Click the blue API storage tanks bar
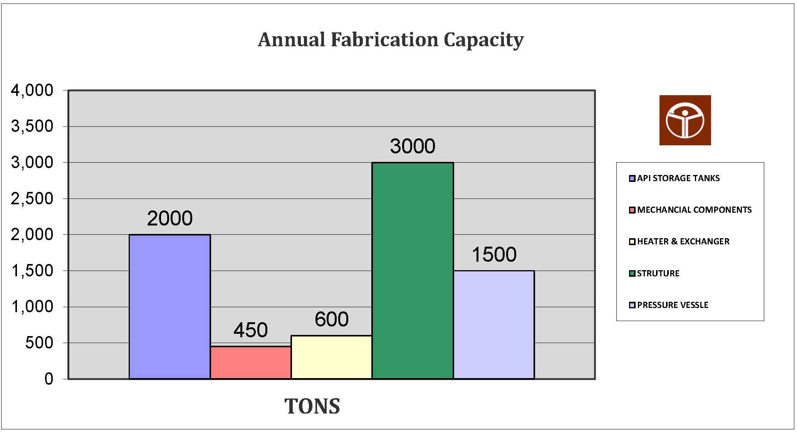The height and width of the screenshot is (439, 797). click(169, 306)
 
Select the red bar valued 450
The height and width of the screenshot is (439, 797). click(250, 362)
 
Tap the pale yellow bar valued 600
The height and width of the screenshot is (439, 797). click(331, 357)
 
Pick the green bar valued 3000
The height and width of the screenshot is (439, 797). click(413, 271)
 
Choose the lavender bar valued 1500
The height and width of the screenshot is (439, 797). click(494, 325)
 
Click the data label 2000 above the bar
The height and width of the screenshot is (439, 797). click(169, 218)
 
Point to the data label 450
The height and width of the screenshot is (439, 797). click(250, 330)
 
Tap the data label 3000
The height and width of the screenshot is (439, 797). click(413, 146)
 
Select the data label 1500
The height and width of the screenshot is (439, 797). click(494, 254)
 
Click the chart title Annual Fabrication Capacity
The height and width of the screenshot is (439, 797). click(391, 40)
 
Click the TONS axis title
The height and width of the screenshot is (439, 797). click(312, 406)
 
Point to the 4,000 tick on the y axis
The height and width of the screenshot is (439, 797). click(32, 90)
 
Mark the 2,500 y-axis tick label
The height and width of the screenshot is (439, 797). click(32, 198)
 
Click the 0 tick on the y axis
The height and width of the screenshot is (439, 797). click(49, 378)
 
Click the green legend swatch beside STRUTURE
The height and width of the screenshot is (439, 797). click(632, 273)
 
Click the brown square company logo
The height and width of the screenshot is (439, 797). click(685, 120)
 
